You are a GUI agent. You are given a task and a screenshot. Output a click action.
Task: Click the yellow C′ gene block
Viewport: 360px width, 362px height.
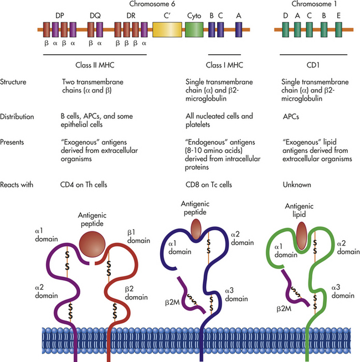point(167,29)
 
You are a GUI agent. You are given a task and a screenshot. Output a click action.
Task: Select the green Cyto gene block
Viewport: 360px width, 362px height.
point(194,29)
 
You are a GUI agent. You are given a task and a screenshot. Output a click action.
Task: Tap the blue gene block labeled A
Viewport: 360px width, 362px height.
point(239,29)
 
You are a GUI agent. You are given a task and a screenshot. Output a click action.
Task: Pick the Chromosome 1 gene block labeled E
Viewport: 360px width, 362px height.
point(338,29)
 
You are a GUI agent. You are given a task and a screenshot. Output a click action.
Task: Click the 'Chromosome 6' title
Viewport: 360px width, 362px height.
point(152,4)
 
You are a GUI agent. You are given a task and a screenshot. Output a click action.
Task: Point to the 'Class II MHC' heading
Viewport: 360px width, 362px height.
point(95,65)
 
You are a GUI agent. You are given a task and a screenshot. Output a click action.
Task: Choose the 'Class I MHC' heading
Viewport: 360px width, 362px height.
point(224,65)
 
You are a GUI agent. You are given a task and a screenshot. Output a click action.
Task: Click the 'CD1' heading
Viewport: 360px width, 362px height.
point(313,65)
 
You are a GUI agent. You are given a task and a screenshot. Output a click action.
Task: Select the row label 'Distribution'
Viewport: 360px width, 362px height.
point(17,117)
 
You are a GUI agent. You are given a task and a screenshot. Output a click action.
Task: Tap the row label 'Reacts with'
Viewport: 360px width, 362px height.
point(17,185)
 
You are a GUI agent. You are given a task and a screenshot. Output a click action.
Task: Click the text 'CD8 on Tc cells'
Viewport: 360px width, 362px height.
point(209,185)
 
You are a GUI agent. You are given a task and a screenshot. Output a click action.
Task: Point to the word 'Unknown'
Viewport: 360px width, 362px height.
point(297,185)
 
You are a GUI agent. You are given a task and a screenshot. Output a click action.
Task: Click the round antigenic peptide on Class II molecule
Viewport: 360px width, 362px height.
point(92,244)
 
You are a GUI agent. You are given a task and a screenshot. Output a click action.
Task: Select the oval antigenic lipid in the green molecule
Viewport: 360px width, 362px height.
point(301,236)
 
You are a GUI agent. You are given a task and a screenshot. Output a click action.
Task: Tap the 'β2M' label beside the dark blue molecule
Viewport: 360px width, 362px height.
point(172,302)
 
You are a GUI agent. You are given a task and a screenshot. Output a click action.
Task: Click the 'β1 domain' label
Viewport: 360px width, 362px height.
point(138,236)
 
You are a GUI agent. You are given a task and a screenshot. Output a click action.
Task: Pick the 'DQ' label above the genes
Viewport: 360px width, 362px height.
point(95,15)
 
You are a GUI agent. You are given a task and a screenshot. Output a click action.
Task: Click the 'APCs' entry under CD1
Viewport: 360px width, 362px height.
point(291,117)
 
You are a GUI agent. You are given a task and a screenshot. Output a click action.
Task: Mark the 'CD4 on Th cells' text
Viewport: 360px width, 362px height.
point(84,185)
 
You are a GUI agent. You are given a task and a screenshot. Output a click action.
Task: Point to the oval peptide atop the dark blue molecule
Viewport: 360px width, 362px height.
point(196,229)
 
